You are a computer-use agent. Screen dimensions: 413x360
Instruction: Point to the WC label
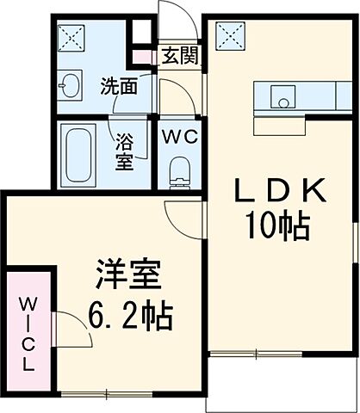tap(179, 135)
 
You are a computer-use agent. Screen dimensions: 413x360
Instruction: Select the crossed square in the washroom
tap(70, 37)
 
